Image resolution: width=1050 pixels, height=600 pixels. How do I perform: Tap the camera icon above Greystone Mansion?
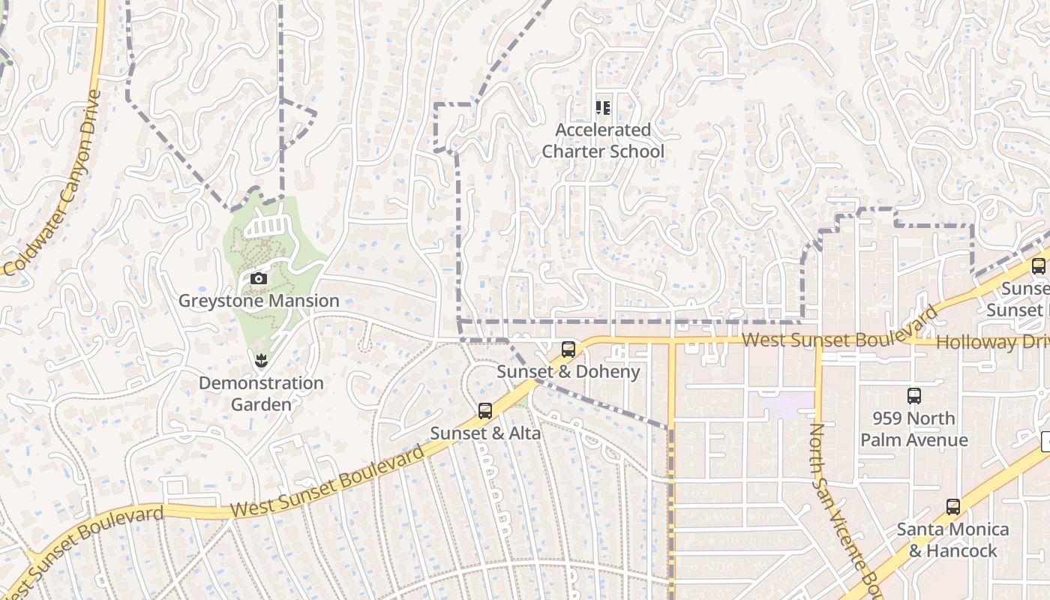coord(259,279)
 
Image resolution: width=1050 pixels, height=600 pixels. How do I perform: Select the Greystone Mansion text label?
coord(259,301)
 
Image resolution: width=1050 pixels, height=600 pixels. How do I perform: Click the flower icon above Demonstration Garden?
coord(261,361)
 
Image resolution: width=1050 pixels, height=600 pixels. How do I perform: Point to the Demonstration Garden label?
coord(261,394)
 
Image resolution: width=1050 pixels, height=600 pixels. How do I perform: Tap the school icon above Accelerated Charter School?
coord(603,108)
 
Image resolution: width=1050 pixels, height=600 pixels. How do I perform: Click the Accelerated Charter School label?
coord(603,140)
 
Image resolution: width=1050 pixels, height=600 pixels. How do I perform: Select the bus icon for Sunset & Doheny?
coord(568,349)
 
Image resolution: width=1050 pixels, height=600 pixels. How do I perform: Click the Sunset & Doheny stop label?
coord(568,372)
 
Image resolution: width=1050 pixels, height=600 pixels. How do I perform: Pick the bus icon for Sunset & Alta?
coord(485,411)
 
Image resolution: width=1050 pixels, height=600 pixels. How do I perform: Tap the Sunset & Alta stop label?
coord(485,433)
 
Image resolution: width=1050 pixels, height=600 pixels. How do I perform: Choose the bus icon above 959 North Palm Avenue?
coord(914,396)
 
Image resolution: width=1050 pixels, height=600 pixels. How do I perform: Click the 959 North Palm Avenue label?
coord(914,429)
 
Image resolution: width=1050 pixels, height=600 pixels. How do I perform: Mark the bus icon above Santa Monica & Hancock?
coord(953,507)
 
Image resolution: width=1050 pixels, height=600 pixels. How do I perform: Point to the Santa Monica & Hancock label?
coord(953,540)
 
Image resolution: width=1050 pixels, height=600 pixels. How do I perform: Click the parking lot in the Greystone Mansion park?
coord(265,224)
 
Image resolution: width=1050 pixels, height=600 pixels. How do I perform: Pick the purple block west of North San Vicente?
coord(784,406)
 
